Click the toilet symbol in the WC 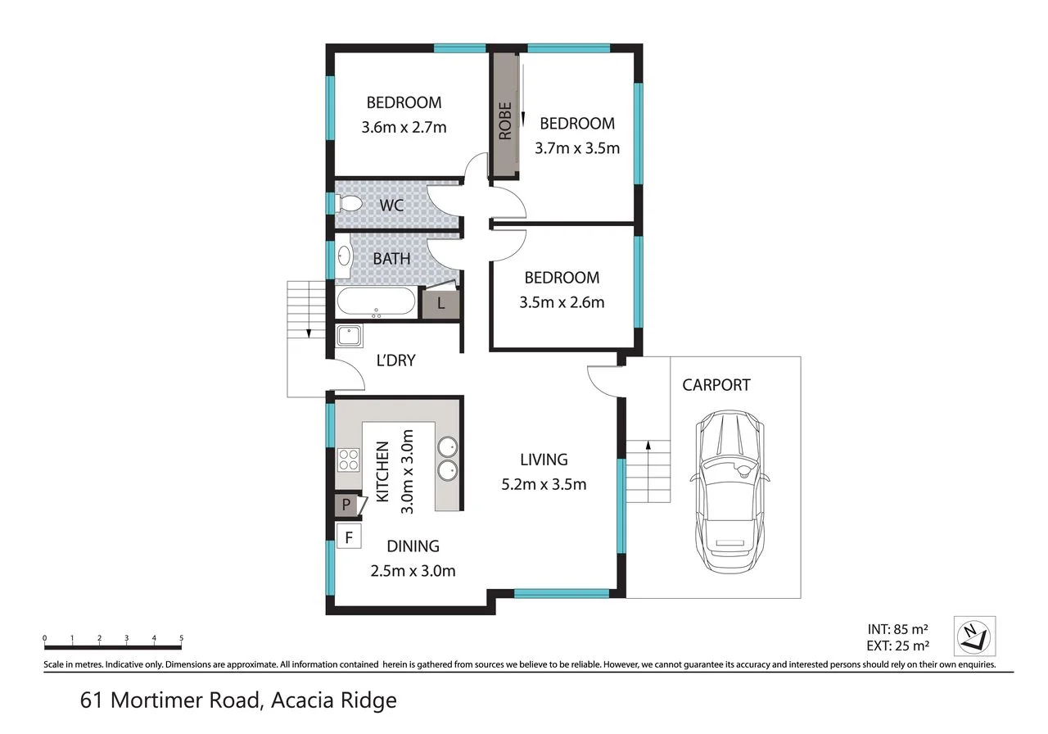pos(349,204)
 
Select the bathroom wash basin pos(344,256)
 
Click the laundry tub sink pos(349,336)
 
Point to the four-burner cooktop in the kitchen pos(349,460)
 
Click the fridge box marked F pos(349,537)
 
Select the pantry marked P pos(348,505)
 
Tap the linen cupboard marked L pos(440,303)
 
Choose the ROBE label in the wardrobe pos(505,120)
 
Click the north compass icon pos(974,637)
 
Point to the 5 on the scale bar pos(182,637)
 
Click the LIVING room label pos(544,460)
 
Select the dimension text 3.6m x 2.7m pos(404,127)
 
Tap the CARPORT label pos(716,385)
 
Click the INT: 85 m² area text pos(898,628)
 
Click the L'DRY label pos(395,360)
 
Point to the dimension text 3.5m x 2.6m pos(562,302)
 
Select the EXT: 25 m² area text pos(898,646)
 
